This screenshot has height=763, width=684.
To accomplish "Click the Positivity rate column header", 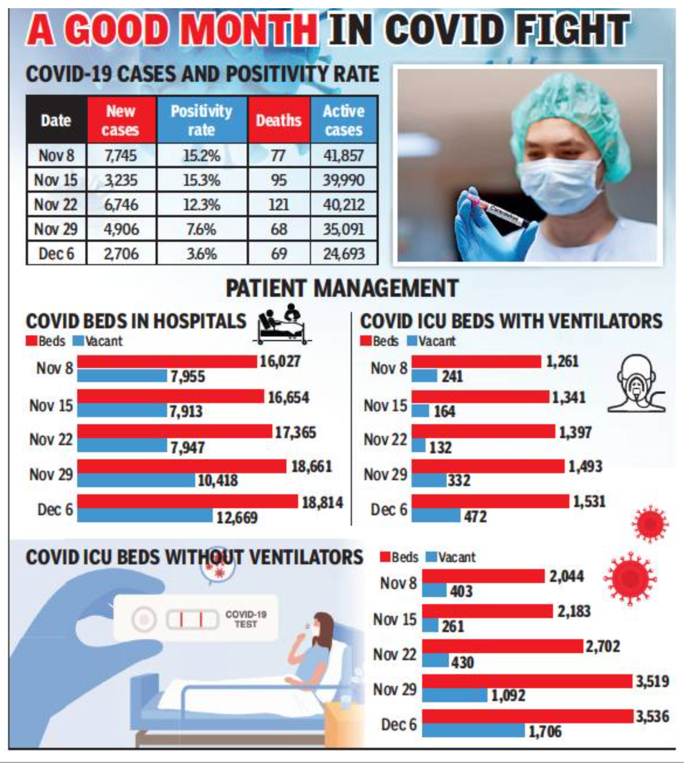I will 202,120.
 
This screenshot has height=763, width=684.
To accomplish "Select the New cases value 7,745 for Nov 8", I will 120,156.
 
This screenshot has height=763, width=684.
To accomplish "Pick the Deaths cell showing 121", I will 279,204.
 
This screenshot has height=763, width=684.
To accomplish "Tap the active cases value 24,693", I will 344,254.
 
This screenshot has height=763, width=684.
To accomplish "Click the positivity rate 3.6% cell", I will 202,254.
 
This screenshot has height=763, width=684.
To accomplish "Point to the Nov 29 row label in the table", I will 56,229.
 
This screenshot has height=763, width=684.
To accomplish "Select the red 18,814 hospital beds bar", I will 187,501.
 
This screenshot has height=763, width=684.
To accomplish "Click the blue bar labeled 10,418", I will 136,480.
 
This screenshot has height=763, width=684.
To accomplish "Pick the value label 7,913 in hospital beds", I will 186,412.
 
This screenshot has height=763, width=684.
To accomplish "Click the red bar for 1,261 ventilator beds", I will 476,362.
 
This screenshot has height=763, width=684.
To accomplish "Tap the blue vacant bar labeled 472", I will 436,516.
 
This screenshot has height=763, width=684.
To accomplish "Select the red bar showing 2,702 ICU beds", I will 503,646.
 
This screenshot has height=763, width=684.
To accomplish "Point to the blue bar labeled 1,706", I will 474,730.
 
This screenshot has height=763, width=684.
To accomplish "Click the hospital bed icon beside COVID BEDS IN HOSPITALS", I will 284,324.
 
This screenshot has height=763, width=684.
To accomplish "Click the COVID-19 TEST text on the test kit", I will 246,619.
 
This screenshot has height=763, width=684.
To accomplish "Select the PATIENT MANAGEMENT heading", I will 342,289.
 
